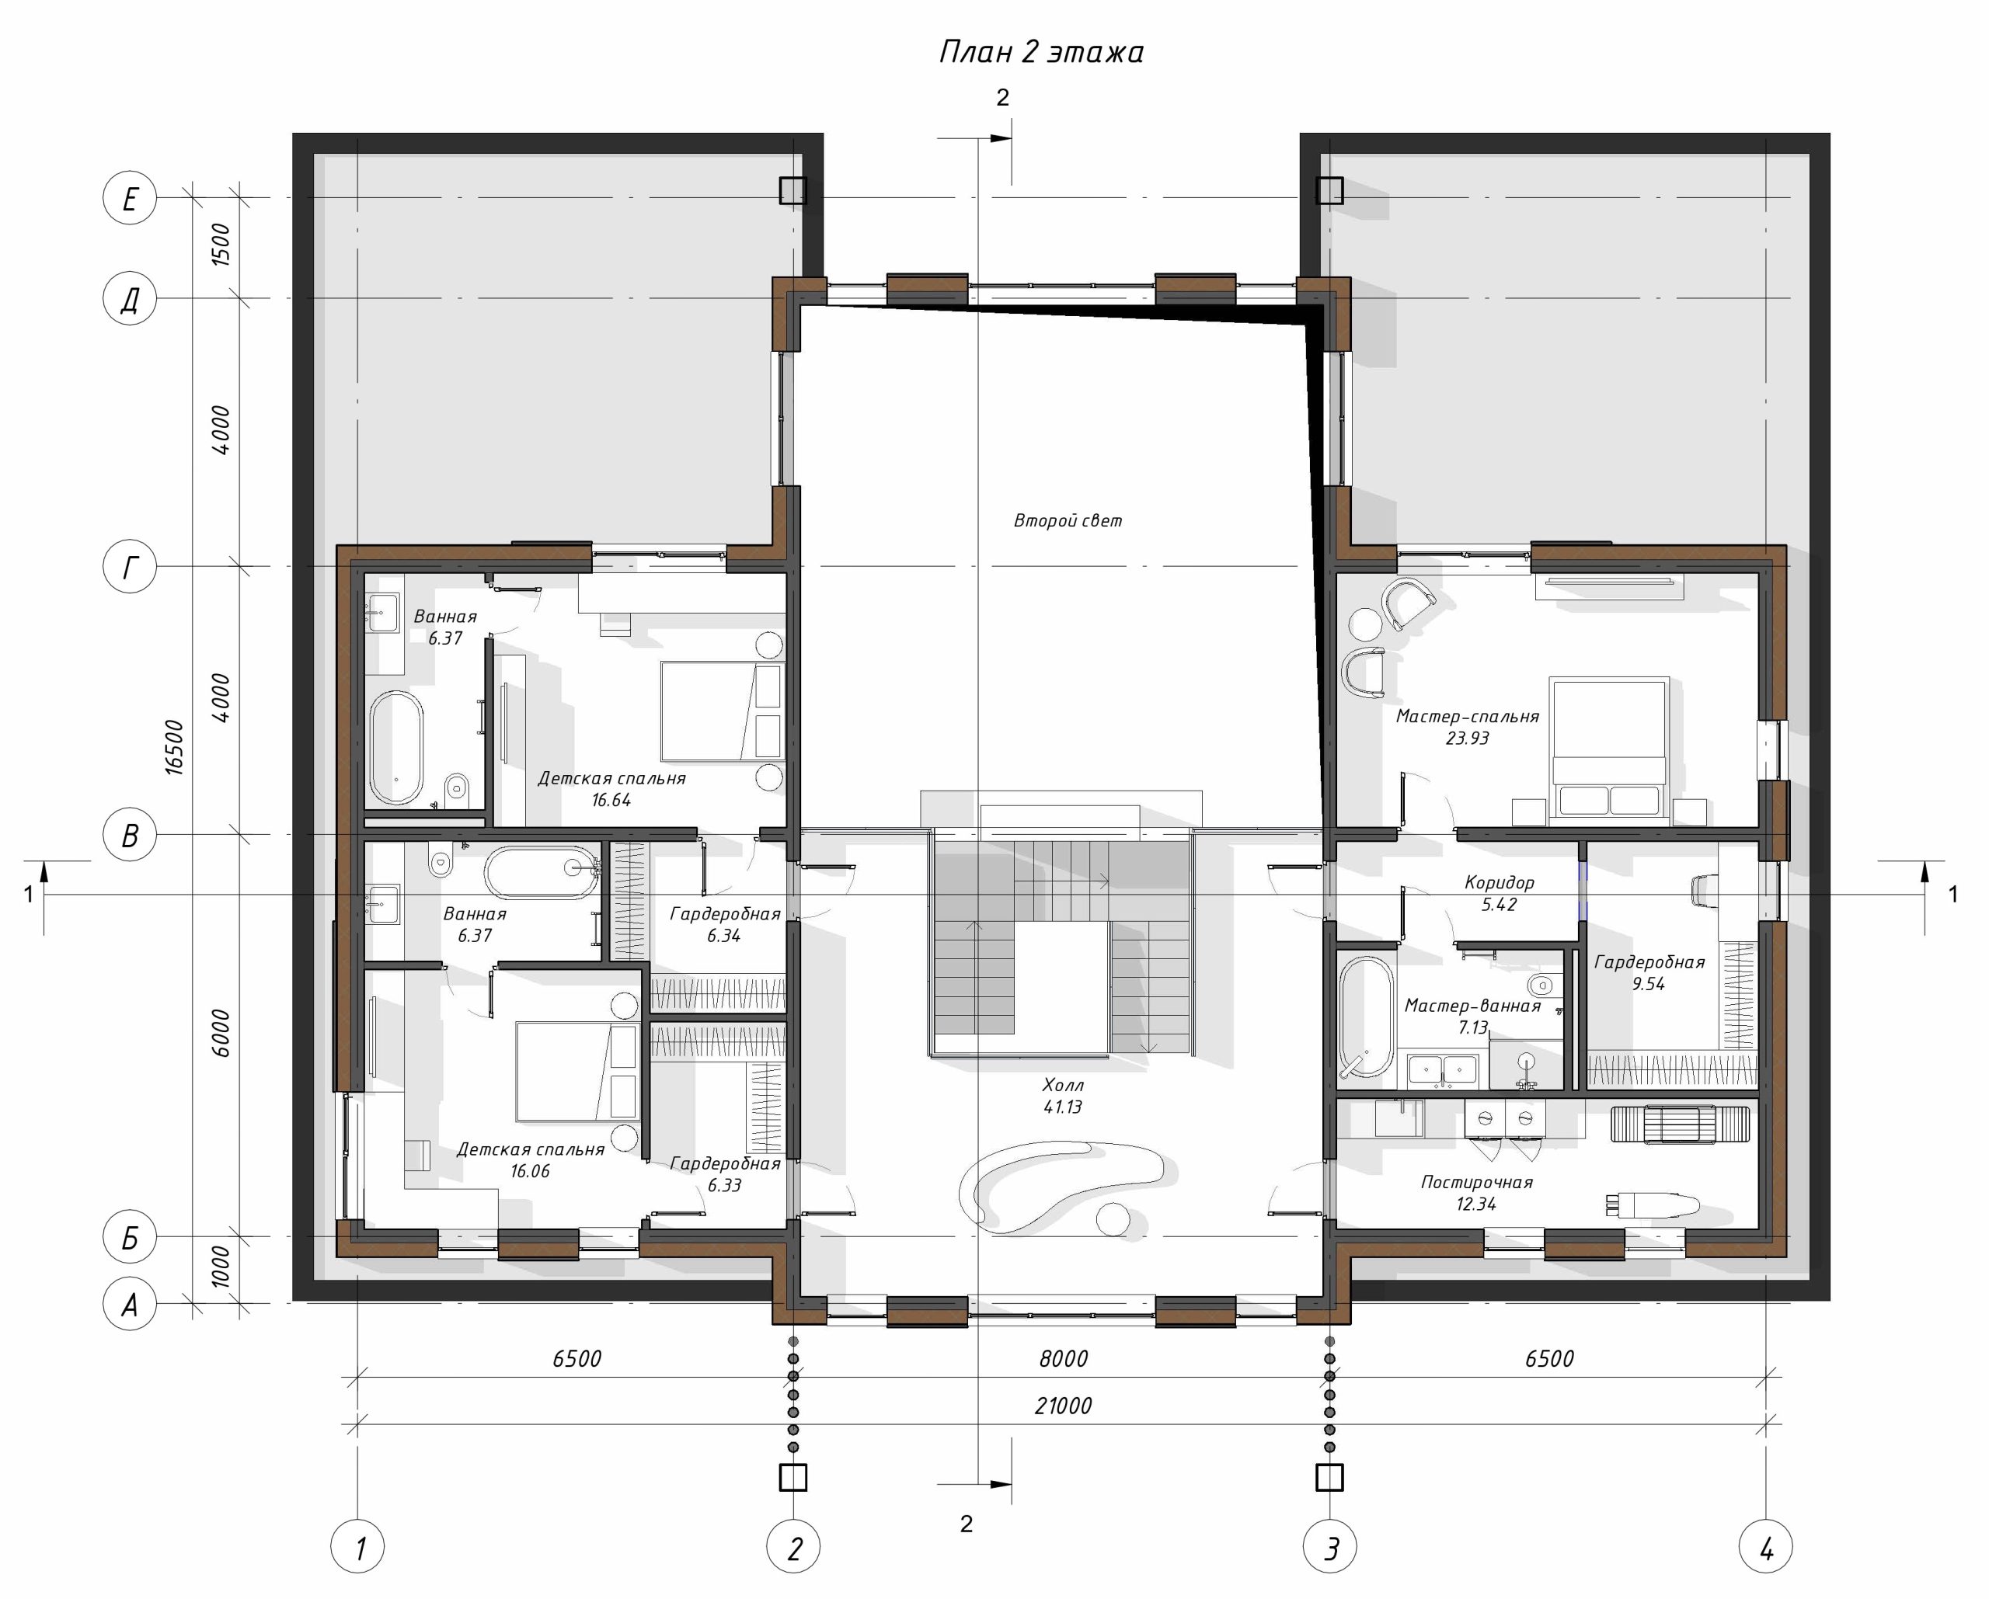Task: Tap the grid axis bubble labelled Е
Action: pyautogui.click(x=130, y=198)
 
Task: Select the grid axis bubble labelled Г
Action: pyautogui.click(x=130, y=567)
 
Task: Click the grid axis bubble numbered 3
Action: pyautogui.click(x=1329, y=1549)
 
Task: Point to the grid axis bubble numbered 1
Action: pyautogui.click(x=358, y=1549)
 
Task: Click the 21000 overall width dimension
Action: pyautogui.click(x=1063, y=1406)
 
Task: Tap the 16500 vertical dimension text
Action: pyautogui.click(x=174, y=748)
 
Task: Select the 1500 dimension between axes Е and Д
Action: pyautogui.click(x=221, y=245)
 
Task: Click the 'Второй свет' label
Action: pyautogui.click(x=1068, y=521)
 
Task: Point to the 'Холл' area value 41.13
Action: pyautogui.click(x=1063, y=1107)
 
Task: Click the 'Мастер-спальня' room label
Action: pyautogui.click(x=1468, y=717)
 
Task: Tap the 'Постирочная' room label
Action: pyautogui.click(x=1477, y=1182)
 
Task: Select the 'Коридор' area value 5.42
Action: pyautogui.click(x=1499, y=905)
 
